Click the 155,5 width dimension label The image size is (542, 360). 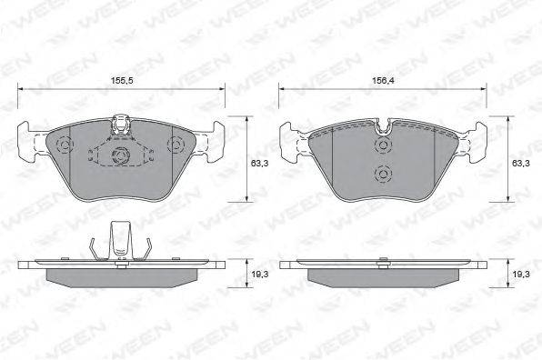(x=122, y=81)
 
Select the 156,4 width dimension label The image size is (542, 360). (x=384, y=81)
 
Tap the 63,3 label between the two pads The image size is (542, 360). (x=259, y=164)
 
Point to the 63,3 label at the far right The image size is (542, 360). (x=521, y=164)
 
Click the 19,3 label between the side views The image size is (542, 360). (x=260, y=275)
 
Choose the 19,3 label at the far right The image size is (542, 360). (x=521, y=275)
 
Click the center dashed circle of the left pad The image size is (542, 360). (x=121, y=155)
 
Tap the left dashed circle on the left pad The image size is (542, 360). (x=65, y=144)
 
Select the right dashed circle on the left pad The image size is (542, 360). (x=176, y=144)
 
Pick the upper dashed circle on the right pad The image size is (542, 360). (x=383, y=145)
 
